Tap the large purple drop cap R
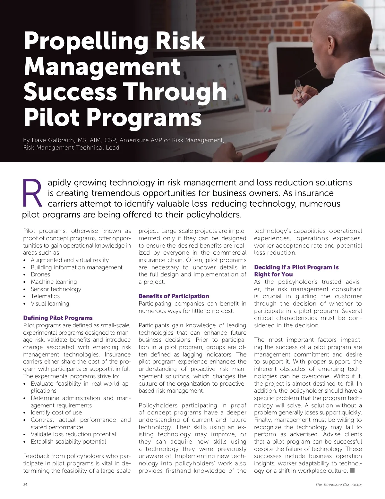tap(32, 193)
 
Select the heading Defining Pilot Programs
tap(58, 318)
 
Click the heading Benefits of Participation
tap(174, 296)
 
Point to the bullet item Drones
tap(40, 274)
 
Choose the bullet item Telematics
tap(45, 296)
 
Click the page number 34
tap(25, 484)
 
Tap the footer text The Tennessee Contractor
tap(338, 484)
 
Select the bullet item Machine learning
tap(54, 282)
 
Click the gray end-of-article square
tap(352, 470)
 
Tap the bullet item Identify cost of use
tap(56, 413)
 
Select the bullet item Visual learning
tap(50, 304)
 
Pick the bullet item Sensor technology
tap(56, 289)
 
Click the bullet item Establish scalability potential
tap(68, 442)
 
